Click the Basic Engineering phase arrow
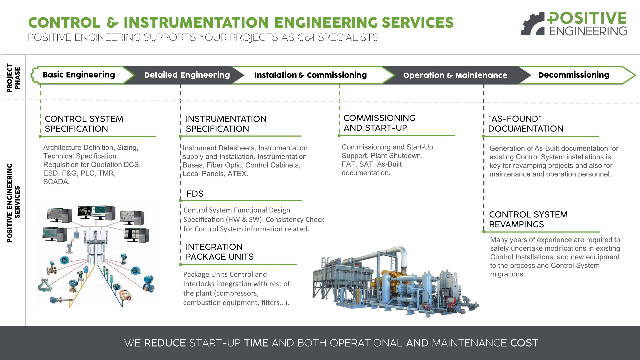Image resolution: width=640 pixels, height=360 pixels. click(79, 75)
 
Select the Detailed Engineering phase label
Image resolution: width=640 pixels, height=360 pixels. click(187, 75)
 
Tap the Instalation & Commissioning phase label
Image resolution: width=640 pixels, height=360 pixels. click(310, 75)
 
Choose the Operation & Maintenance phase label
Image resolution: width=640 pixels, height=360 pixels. click(455, 75)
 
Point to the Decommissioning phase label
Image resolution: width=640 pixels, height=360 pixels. click(574, 75)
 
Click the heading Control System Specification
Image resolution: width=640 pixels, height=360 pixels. click(84, 124)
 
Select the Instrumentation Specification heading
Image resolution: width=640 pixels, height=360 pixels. click(226, 124)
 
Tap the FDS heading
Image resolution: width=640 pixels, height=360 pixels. click(195, 194)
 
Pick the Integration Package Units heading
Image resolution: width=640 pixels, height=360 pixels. click(220, 252)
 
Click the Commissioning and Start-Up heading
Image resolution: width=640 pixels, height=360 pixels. click(379, 123)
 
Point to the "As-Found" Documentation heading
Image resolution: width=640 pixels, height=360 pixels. click(525, 124)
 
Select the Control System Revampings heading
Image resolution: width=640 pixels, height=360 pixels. click(528, 219)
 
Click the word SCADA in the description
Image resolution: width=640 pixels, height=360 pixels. click(56, 182)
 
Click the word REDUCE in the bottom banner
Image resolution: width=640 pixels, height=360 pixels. click(165, 343)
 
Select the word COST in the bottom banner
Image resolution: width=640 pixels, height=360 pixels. click(524, 343)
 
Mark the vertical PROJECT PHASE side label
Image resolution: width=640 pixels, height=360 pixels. click(14, 78)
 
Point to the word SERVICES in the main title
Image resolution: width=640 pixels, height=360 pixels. click(417, 23)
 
